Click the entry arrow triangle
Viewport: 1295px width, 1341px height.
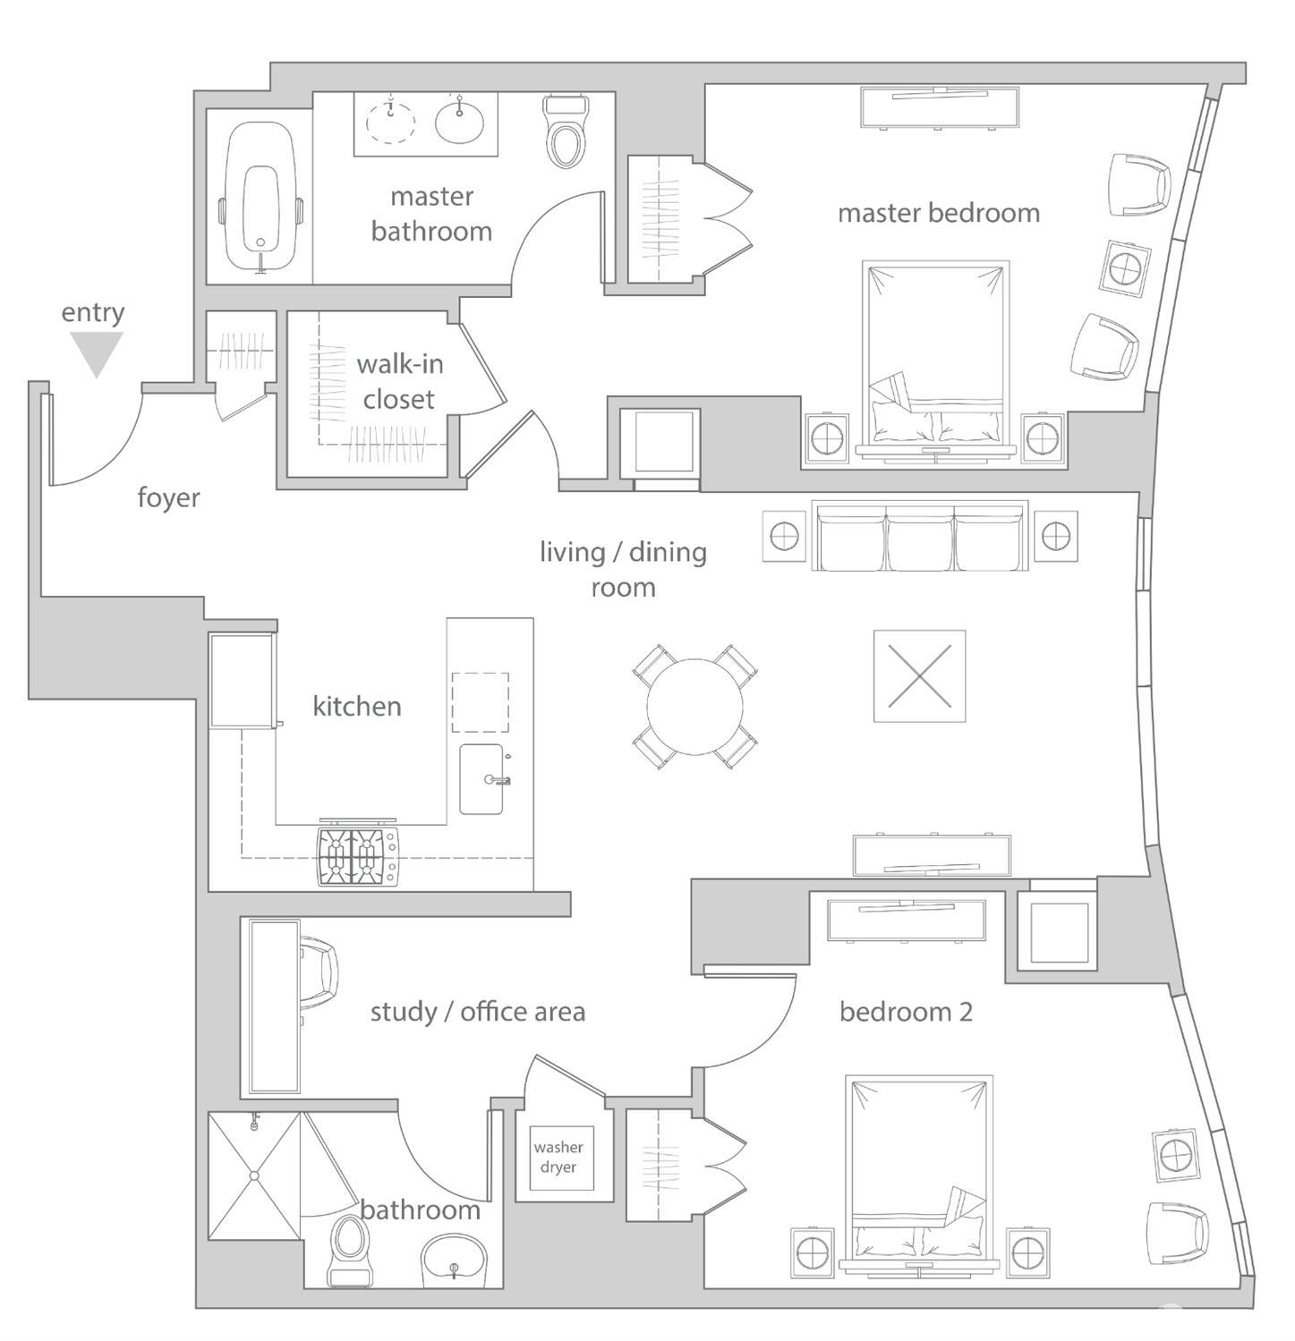click(96, 352)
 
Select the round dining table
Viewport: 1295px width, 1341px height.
click(694, 707)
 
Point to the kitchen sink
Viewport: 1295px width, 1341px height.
click(481, 779)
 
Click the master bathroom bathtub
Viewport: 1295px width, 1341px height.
click(260, 197)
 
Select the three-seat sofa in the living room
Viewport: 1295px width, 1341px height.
click(919, 537)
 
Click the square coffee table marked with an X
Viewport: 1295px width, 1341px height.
click(919, 676)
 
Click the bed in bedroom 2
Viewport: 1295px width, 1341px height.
click(918, 1172)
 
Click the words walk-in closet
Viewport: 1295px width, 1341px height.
click(399, 382)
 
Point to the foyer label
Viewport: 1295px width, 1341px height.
click(168, 497)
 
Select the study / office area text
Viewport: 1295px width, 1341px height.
click(478, 1012)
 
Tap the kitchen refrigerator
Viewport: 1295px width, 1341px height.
click(241, 681)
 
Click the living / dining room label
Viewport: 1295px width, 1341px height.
click(623, 569)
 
